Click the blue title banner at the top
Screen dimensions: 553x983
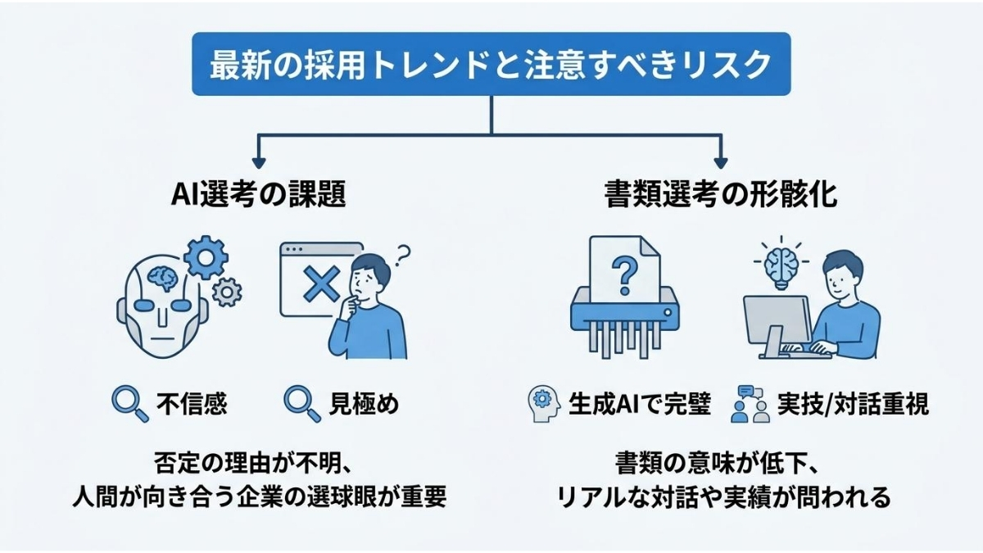[491, 64]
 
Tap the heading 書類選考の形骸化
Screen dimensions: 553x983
[721, 198]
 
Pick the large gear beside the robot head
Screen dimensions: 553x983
[205, 259]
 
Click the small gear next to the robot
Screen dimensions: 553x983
[227, 291]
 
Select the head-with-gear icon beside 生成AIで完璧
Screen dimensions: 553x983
[542, 404]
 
